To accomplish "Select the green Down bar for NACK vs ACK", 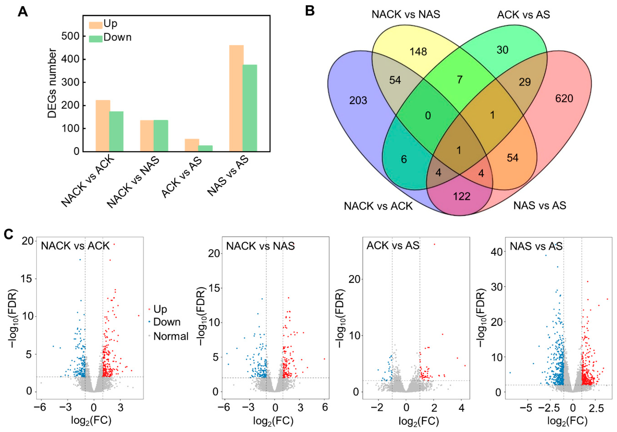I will (116, 131).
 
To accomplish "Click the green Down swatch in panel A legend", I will (96, 39).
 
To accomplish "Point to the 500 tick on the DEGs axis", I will (70, 36).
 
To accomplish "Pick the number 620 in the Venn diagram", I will (564, 99).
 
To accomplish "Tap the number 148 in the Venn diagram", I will (418, 51).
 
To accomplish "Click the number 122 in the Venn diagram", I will (462, 196).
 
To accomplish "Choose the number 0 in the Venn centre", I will (428, 116).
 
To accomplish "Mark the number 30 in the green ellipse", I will (502, 50).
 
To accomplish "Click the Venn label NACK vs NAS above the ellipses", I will (406, 14).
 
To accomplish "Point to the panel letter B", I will (310, 11).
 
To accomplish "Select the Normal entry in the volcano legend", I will (171, 336).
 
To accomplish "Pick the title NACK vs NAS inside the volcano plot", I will (260, 246).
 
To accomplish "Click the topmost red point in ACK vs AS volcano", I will (434, 244).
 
